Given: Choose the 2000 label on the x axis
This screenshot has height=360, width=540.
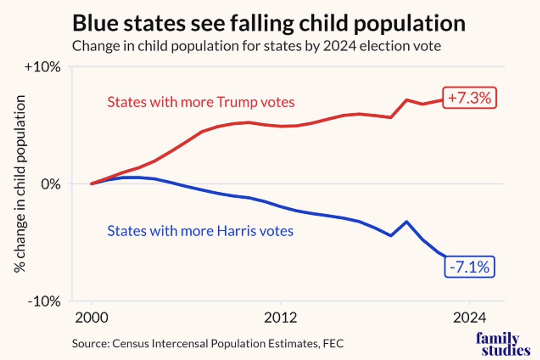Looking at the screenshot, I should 91,318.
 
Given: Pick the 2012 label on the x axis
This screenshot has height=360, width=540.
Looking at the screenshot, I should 281,318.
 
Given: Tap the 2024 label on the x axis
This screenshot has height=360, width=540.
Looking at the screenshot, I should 470,318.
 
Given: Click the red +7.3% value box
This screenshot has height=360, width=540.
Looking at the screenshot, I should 469,98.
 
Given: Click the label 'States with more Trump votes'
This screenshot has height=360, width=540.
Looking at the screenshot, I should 201,103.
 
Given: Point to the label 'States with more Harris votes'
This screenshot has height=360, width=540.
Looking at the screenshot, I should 200,231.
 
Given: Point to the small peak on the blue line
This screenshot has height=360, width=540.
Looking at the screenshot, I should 407,221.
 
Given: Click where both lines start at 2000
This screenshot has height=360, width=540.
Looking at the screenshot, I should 92,184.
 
